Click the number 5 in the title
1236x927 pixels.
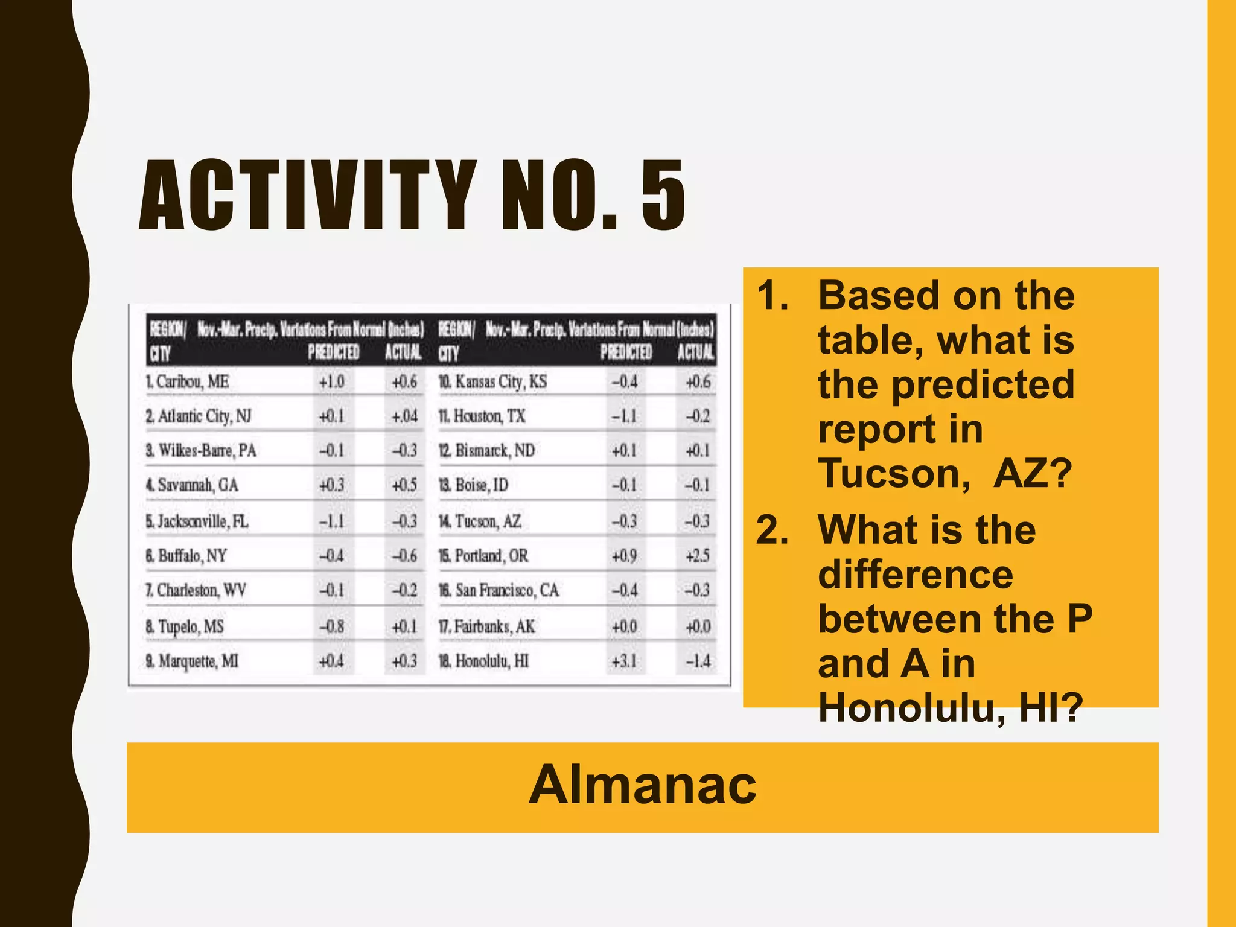pos(663,195)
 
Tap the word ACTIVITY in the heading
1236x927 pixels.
pos(308,195)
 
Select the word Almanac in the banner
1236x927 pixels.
pos(642,785)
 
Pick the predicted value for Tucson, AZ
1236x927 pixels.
pos(624,521)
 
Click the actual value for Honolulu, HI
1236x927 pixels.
pos(698,661)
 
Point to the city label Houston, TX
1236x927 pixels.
pos(488,416)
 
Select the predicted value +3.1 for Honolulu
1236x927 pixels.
pos(624,661)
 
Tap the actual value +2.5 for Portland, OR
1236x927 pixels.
pos(698,555)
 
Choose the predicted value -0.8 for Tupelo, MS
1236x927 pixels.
pos(331,626)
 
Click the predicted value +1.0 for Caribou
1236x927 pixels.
pos(331,382)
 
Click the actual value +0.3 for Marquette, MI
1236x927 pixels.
pos(404,661)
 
